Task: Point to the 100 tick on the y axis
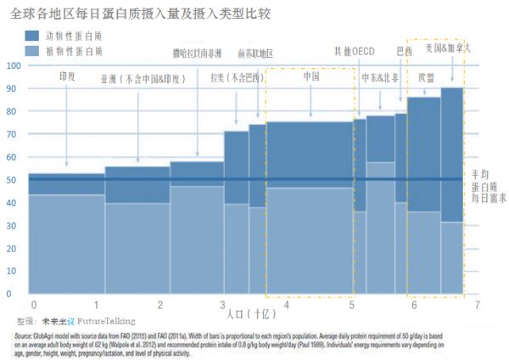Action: pyautogui.click(x=14, y=65)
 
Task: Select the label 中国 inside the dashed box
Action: pyautogui.click(x=310, y=76)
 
